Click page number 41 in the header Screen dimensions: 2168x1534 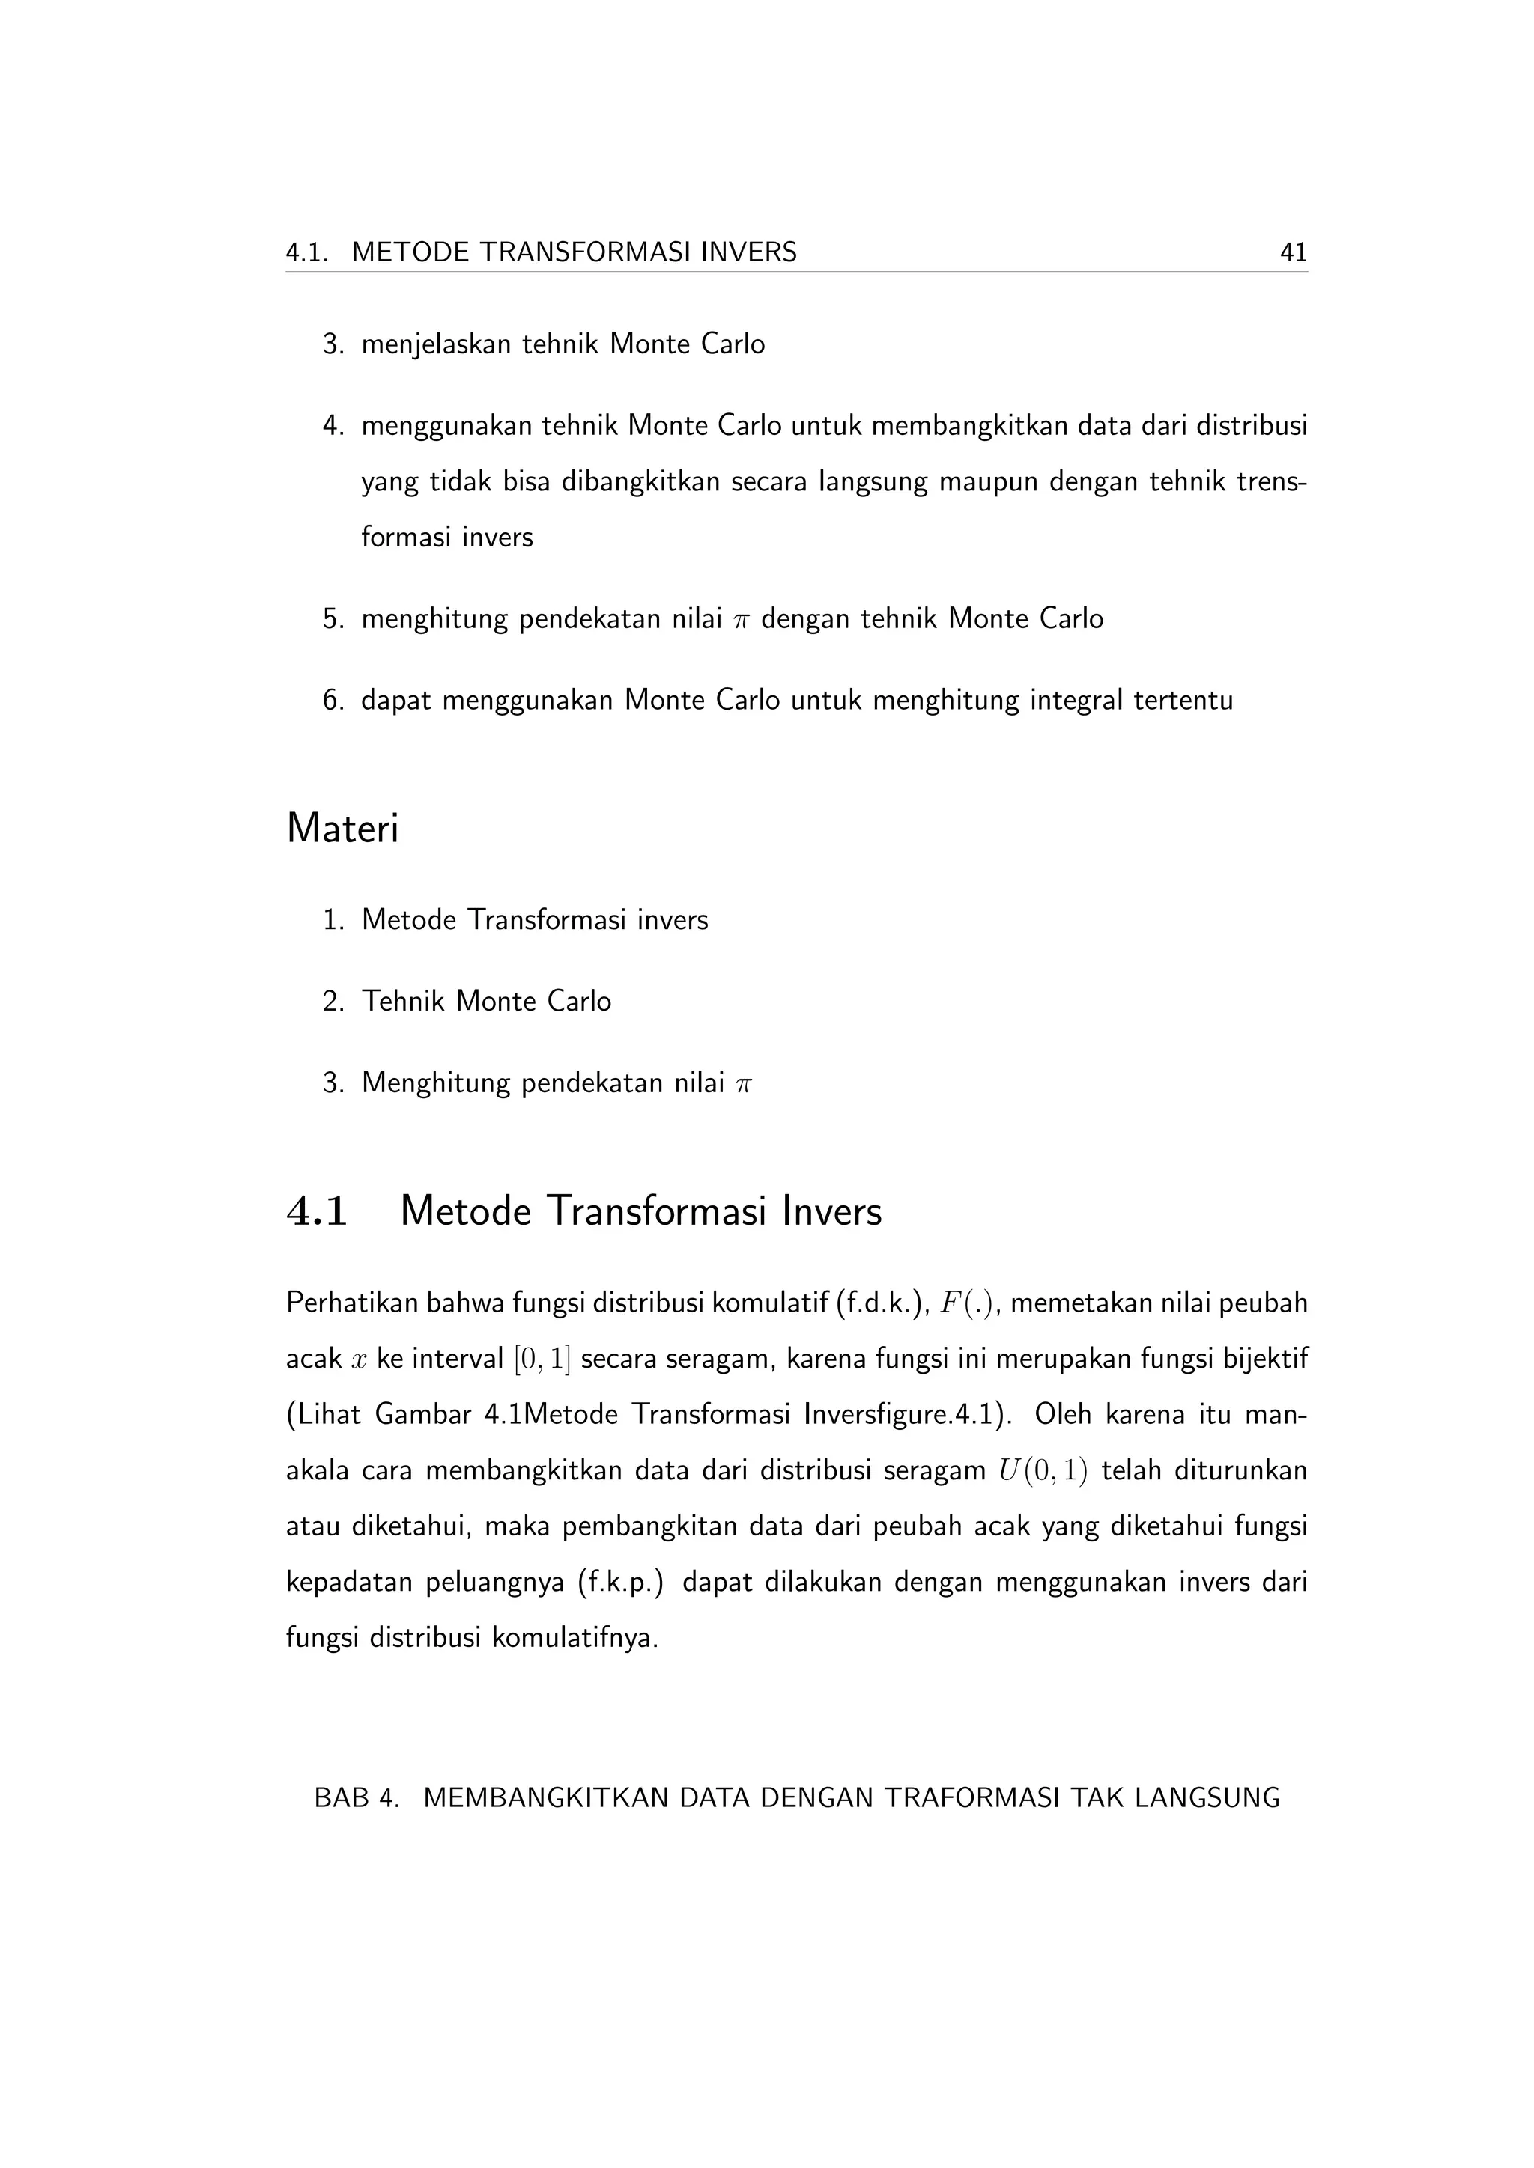click(1292, 252)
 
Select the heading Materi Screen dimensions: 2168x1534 click(342, 829)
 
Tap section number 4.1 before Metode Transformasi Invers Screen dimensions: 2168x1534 click(318, 1211)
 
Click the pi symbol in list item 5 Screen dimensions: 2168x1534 click(741, 621)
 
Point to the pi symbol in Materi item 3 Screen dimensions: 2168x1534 click(743, 1084)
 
